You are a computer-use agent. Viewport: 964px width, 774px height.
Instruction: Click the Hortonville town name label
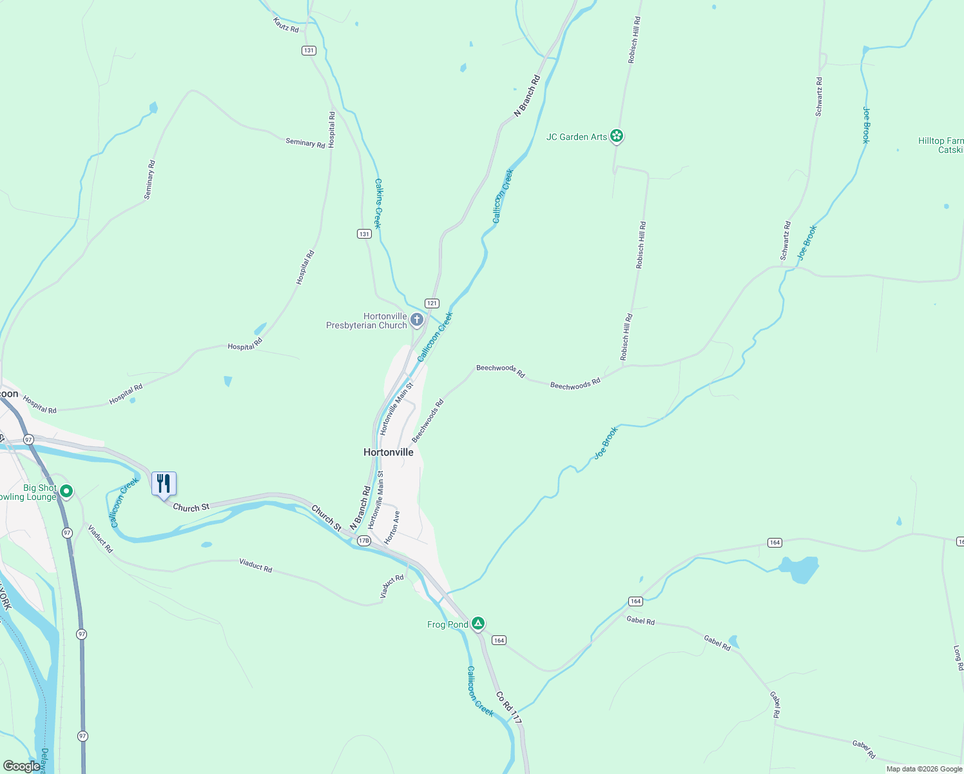tap(389, 452)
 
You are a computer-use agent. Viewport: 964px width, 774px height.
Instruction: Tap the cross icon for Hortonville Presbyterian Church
tap(417, 319)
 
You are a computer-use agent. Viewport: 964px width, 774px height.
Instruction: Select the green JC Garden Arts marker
tap(617, 135)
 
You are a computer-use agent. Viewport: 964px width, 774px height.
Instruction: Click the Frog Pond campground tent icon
tap(477, 623)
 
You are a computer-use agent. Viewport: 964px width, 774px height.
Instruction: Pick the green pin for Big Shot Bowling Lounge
tap(66, 492)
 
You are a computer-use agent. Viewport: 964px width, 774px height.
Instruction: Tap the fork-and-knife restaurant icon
tap(164, 483)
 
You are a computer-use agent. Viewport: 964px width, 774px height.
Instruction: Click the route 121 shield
tap(432, 303)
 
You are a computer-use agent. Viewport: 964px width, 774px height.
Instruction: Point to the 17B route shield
tap(363, 541)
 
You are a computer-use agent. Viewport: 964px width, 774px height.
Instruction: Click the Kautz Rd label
tap(286, 25)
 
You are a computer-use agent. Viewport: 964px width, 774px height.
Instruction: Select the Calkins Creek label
tap(379, 204)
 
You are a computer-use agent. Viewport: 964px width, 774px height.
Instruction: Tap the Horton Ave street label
tap(392, 528)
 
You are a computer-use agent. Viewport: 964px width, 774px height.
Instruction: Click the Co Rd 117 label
tap(509, 708)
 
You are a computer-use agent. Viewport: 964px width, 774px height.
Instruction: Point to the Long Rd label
tap(958, 658)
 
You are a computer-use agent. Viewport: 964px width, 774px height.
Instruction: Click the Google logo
tap(21, 766)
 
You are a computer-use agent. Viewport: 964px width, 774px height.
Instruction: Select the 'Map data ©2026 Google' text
tap(924, 769)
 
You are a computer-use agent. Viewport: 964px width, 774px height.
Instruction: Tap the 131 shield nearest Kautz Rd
tap(309, 50)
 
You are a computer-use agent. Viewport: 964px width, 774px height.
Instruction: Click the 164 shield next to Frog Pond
tap(499, 640)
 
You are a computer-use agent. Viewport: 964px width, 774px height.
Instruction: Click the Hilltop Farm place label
tap(941, 145)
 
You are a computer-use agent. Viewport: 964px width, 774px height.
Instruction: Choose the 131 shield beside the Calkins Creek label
tap(364, 233)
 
